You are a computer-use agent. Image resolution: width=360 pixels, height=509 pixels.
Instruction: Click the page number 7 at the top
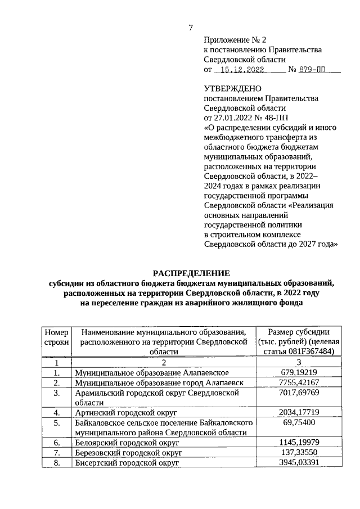click(191, 28)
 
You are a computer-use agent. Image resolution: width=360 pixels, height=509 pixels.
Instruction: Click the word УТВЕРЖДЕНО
click(232, 88)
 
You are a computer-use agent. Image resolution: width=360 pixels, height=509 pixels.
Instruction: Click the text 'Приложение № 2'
click(233, 40)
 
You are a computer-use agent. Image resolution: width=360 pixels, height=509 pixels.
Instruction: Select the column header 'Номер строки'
click(56, 336)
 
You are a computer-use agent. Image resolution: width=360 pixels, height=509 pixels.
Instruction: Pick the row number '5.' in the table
click(56, 422)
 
